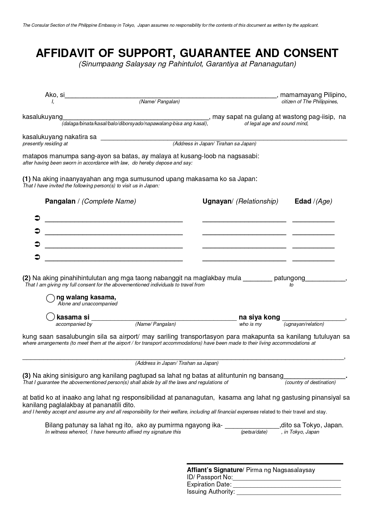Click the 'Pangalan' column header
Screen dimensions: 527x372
60,201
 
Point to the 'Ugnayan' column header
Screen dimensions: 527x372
217,201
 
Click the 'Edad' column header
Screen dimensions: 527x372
303,201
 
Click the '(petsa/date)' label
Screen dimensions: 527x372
254,432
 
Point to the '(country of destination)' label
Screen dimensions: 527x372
310,382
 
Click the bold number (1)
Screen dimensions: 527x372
26,179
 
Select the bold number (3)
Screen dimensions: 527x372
26,376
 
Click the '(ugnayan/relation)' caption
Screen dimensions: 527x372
304,324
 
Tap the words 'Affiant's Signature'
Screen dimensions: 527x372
214,470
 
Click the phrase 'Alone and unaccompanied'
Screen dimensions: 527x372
87,304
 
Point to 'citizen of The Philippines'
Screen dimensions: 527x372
309,101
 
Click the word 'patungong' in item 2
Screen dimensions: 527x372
289,278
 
